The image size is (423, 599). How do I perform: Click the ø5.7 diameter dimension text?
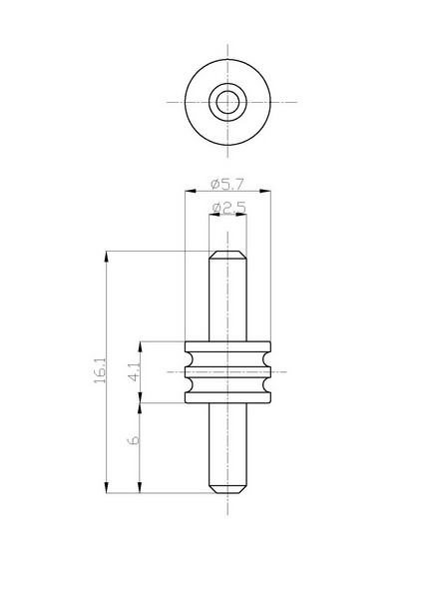point(227,184)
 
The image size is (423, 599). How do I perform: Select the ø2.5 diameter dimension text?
point(228,208)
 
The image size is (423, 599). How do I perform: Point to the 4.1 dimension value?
point(135,372)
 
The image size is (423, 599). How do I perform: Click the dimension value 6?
point(133,440)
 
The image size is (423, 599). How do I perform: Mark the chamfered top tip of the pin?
point(227,255)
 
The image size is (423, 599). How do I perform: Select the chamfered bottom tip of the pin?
point(227,489)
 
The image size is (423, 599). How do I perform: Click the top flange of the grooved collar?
point(227,346)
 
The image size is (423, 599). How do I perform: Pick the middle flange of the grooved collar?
point(227,372)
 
